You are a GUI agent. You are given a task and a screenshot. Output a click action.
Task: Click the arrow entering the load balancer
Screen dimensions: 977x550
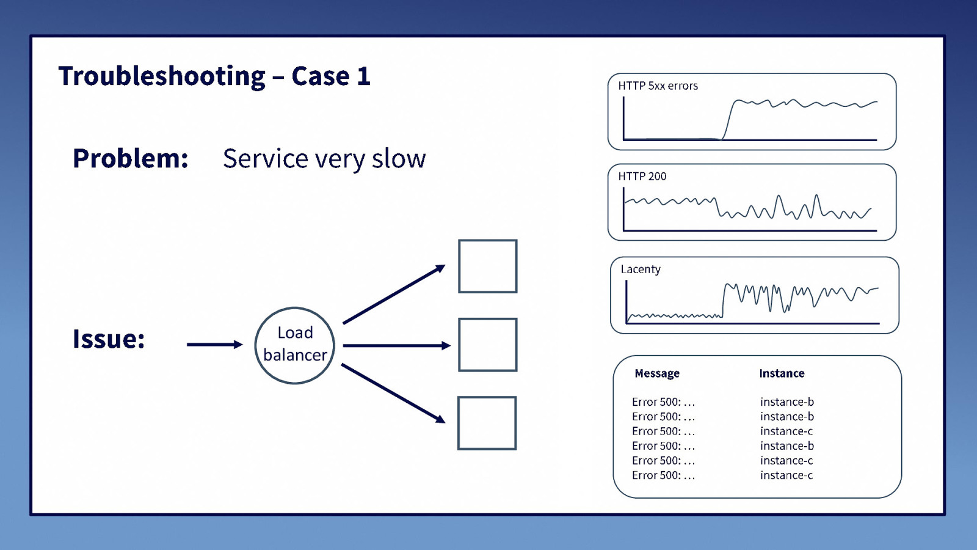[x=214, y=345]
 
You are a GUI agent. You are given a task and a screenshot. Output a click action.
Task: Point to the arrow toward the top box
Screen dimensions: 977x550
[x=394, y=294]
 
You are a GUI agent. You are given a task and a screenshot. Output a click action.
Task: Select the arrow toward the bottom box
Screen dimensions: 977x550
[x=393, y=394]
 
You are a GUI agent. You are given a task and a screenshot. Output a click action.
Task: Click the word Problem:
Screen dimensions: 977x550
[x=131, y=158]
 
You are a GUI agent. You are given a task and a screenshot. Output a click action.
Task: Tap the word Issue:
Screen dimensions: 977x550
[x=109, y=339]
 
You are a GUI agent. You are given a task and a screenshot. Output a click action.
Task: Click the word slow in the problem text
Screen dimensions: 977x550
[x=399, y=158]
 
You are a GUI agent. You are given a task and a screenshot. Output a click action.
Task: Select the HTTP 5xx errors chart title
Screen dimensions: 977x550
[x=658, y=86]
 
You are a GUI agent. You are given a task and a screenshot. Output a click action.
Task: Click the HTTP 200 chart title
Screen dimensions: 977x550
[x=642, y=177]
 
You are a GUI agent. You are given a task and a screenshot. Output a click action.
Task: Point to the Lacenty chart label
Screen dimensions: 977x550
[x=641, y=269]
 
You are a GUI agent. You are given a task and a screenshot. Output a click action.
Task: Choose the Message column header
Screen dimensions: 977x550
[x=657, y=373]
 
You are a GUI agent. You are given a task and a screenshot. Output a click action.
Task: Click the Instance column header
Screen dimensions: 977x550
[x=782, y=373]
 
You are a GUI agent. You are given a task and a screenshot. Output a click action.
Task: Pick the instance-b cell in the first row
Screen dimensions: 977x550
[x=787, y=402]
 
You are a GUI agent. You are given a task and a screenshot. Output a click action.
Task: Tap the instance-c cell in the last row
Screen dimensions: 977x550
[x=786, y=475]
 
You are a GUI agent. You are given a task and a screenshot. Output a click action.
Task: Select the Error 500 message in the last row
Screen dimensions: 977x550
[x=663, y=475]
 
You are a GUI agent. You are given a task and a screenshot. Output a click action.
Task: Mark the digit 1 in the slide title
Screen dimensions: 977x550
[x=363, y=76]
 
